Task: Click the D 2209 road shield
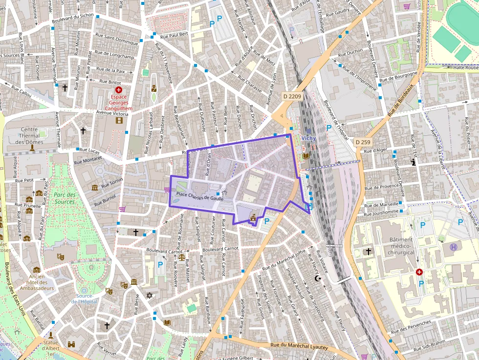(x=292, y=96)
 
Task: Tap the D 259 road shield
(x=364, y=142)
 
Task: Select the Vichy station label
(x=308, y=138)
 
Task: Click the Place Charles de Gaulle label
(x=199, y=194)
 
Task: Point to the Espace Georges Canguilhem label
(x=118, y=103)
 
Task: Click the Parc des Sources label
(x=65, y=198)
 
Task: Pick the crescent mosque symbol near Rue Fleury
(x=318, y=278)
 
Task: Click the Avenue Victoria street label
(x=112, y=114)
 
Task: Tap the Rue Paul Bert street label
(x=174, y=35)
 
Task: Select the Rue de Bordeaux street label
(x=400, y=101)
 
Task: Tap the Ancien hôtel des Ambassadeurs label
(x=37, y=282)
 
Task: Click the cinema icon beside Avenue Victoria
(x=119, y=121)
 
